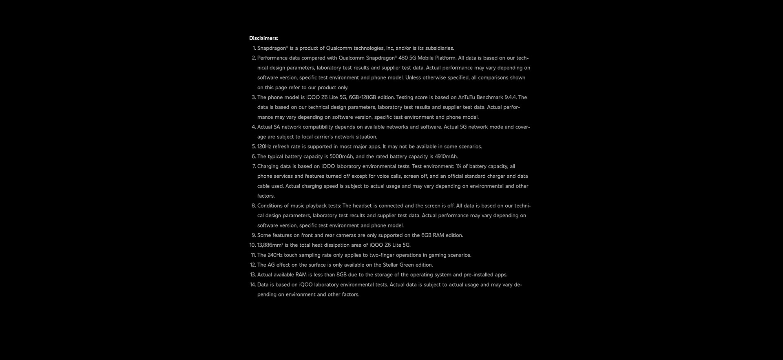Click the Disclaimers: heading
[x=263, y=38]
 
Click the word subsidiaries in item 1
[x=439, y=48]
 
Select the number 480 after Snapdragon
[x=403, y=58]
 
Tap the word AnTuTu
[x=466, y=97]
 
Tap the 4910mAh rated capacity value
[x=446, y=157]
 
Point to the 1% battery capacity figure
[x=458, y=166]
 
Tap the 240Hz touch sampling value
[x=275, y=255]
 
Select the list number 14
[x=252, y=285]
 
